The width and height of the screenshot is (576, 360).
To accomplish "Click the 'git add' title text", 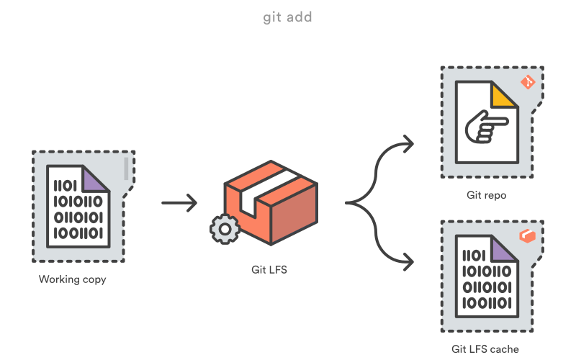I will [288, 17].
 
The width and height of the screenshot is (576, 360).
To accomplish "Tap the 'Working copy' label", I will [73, 279].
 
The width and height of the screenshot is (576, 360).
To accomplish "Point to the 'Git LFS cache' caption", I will [485, 348].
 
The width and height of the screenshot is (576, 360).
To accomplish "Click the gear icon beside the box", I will [225, 229].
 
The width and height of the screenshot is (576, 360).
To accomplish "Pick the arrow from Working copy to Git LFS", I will [179, 203].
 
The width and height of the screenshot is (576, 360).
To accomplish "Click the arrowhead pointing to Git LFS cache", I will [408, 261].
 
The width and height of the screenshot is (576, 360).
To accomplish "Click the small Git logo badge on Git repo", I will [528, 82].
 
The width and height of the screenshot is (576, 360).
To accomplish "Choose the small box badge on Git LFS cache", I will [528, 235].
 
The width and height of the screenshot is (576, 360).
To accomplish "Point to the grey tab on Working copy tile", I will [127, 169].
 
